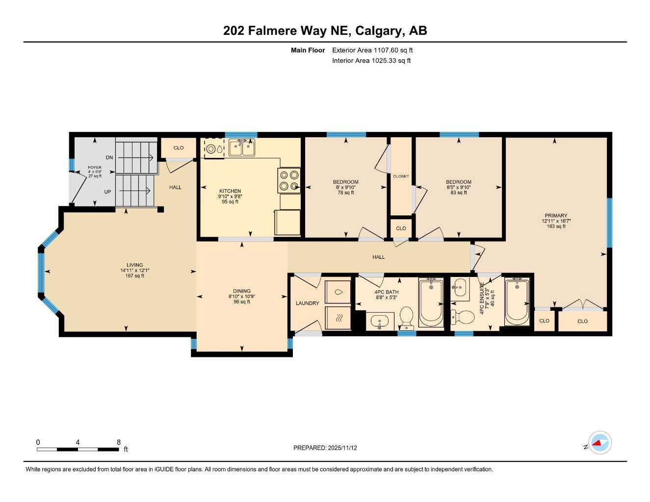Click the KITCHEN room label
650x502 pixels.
coord(230,191)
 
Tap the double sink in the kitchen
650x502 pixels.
coord(242,148)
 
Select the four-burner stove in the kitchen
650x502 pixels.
coord(289,180)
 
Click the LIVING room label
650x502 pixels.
coord(134,265)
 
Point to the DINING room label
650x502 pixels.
coord(242,291)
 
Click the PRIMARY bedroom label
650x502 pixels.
coord(556,216)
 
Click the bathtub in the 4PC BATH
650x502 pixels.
coord(431,302)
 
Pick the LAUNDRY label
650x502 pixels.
coord(308,303)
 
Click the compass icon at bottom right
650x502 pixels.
coord(599,443)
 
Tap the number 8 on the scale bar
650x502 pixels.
coord(119,442)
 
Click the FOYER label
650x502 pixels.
coord(95,168)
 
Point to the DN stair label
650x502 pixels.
coord(110,157)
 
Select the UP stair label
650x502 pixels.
coord(107,192)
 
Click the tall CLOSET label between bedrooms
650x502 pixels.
coord(401,176)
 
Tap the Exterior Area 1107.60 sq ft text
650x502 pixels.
coord(372,50)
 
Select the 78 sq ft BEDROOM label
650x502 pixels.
coord(346,182)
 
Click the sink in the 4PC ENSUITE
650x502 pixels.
coord(460,288)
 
